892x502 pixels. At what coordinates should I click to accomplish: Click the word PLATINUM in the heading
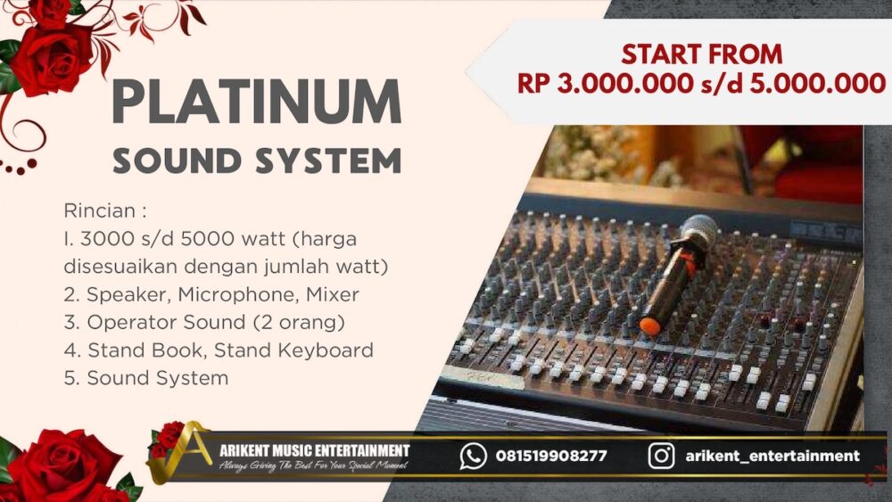pyautogui.click(x=256, y=103)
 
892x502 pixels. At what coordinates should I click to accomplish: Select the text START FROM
pyautogui.click(x=701, y=54)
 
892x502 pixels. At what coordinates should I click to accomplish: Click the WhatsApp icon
pyautogui.click(x=473, y=457)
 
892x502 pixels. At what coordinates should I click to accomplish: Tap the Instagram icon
pyautogui.click(x=661, y=457)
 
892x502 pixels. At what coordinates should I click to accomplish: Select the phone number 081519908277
pyautogui.click(x=551, y=457)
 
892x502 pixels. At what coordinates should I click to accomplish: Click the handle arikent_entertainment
pyautogui.click(x=772, y=457)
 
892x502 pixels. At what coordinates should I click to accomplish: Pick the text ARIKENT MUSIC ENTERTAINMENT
pyautogui.click(x=314, y=450)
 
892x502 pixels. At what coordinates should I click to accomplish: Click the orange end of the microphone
pyautogui.click(x=650, y=326)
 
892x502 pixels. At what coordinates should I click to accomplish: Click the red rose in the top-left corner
pyautogui.click(x=49, y=53)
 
